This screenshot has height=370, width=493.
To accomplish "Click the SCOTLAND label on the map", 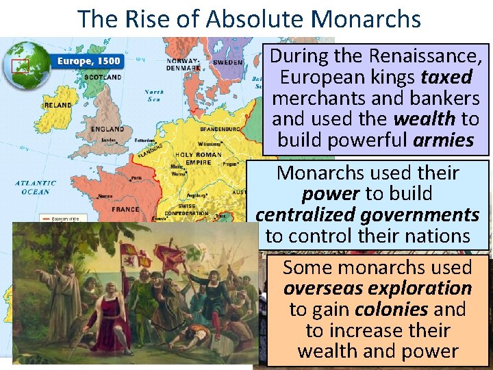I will click(x=103, y=77).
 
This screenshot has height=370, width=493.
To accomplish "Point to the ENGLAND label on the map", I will click(x=108, y=129).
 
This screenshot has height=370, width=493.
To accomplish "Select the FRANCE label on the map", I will click(x=125, y=209).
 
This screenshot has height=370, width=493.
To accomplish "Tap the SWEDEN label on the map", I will click(x=227, y=62).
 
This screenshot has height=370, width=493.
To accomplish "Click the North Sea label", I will click(x=154, y=95).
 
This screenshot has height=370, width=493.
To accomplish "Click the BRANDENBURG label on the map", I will click(x=220, y=129).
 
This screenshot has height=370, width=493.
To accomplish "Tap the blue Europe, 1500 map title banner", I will click(x=88, y=61).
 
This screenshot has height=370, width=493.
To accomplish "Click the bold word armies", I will click(x=443, y=140).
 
